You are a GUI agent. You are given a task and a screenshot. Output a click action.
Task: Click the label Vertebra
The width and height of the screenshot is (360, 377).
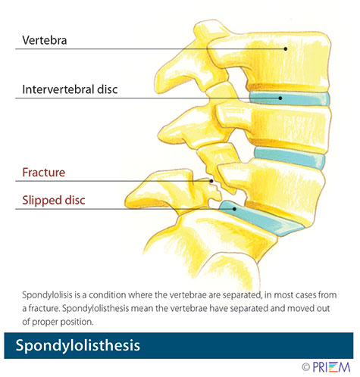pos(44,38)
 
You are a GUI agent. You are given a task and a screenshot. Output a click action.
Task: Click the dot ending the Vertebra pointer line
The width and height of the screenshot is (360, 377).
pos(286,48)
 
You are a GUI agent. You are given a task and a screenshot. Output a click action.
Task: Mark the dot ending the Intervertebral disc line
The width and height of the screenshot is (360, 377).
pos(280,98)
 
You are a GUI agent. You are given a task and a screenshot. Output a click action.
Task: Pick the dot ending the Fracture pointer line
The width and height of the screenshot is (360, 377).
pos(211,181)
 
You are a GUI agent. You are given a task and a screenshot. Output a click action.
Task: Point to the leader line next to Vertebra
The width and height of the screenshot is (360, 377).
pos(152,48)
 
